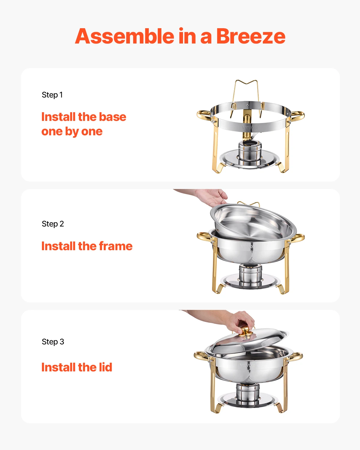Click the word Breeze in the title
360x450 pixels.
coord(250,36)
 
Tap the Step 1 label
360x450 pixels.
coord(52,95)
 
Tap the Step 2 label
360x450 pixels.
coord(53,224)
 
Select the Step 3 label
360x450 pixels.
coord(53,342)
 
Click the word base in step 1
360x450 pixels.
coord(112,117)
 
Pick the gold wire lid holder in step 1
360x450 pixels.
coord(246,90)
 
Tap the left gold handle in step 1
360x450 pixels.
coord(204,115)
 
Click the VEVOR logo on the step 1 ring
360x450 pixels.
coord(250,127)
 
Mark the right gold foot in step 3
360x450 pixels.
coord(280,407)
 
